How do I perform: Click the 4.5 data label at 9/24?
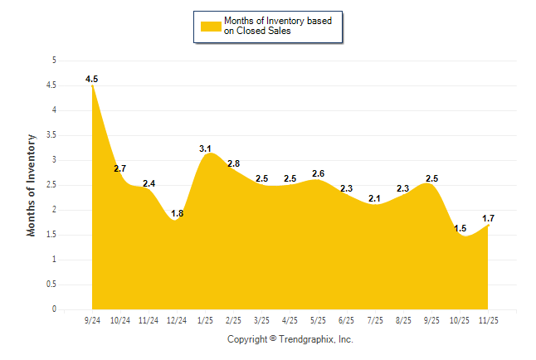click(x=91, y=79)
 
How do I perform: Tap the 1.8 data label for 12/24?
click(x=177, y=213)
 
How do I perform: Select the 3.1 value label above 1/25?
click(x=206, y=148)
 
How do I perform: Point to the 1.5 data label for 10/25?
click(x=460, y=228)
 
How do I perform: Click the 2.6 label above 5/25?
click(x=319, y=173)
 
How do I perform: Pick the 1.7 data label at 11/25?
click(x=490, y=218)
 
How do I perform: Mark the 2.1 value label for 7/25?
click(x=375, y=198)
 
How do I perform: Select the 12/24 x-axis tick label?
click(x=177, y=319)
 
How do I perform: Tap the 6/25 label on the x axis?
click(x=347, y=319)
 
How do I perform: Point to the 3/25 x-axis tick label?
click(x=261, y=319)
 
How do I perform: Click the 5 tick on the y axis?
click(x=54, y=61)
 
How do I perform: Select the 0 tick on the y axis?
click(x=54, y=309)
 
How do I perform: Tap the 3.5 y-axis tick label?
click(x=51, y=135)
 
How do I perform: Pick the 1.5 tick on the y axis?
click(x=51, y=235)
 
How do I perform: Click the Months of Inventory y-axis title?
click(x=32, y=185)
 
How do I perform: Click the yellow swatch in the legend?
click(x=211, y=26)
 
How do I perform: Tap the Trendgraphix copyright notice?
click(x=290, y=339)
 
